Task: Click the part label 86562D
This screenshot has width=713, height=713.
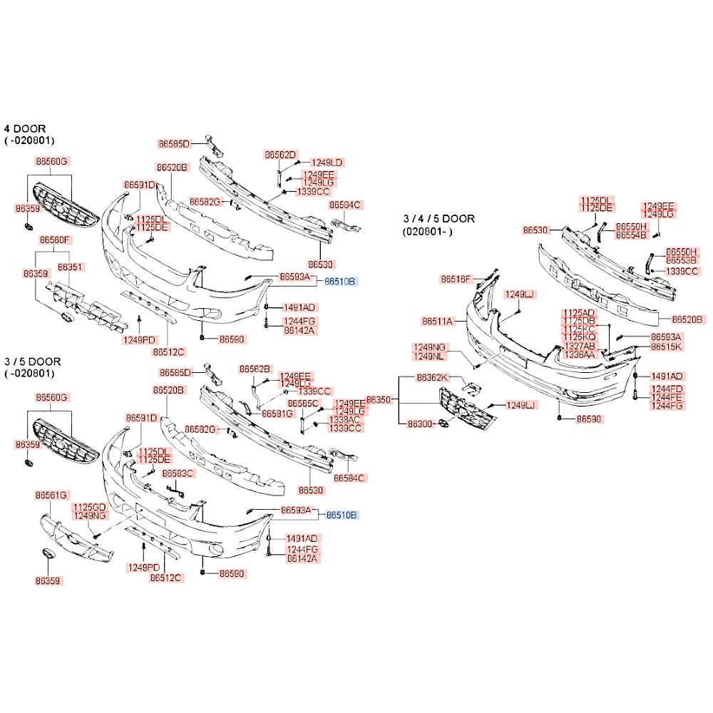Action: click(280, 154)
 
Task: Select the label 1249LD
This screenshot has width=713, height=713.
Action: click(327, 163)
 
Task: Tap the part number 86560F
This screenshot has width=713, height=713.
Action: click(55, 240)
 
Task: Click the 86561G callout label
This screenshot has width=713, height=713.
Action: click(52, 495)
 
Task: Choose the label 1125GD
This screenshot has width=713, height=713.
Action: click(90, 506)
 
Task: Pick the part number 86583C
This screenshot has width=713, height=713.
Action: click(178, 473)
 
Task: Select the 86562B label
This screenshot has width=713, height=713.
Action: click(255, 369)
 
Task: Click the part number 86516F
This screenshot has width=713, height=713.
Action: click(456, 279)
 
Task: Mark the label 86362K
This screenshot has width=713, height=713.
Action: click(433, 377)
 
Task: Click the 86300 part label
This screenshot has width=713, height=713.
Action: click(420, 424)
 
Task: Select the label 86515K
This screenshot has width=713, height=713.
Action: click(667, 347)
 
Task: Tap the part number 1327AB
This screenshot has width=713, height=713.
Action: click(578, 345)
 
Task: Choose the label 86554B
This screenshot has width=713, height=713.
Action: click(631, 235)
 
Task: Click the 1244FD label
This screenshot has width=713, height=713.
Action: click(666, 389)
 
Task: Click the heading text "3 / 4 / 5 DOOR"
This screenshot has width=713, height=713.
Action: click(439, 219)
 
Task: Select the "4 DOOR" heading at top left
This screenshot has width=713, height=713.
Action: click(25, 128)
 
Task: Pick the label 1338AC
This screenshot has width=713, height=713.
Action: click(345, 419)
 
